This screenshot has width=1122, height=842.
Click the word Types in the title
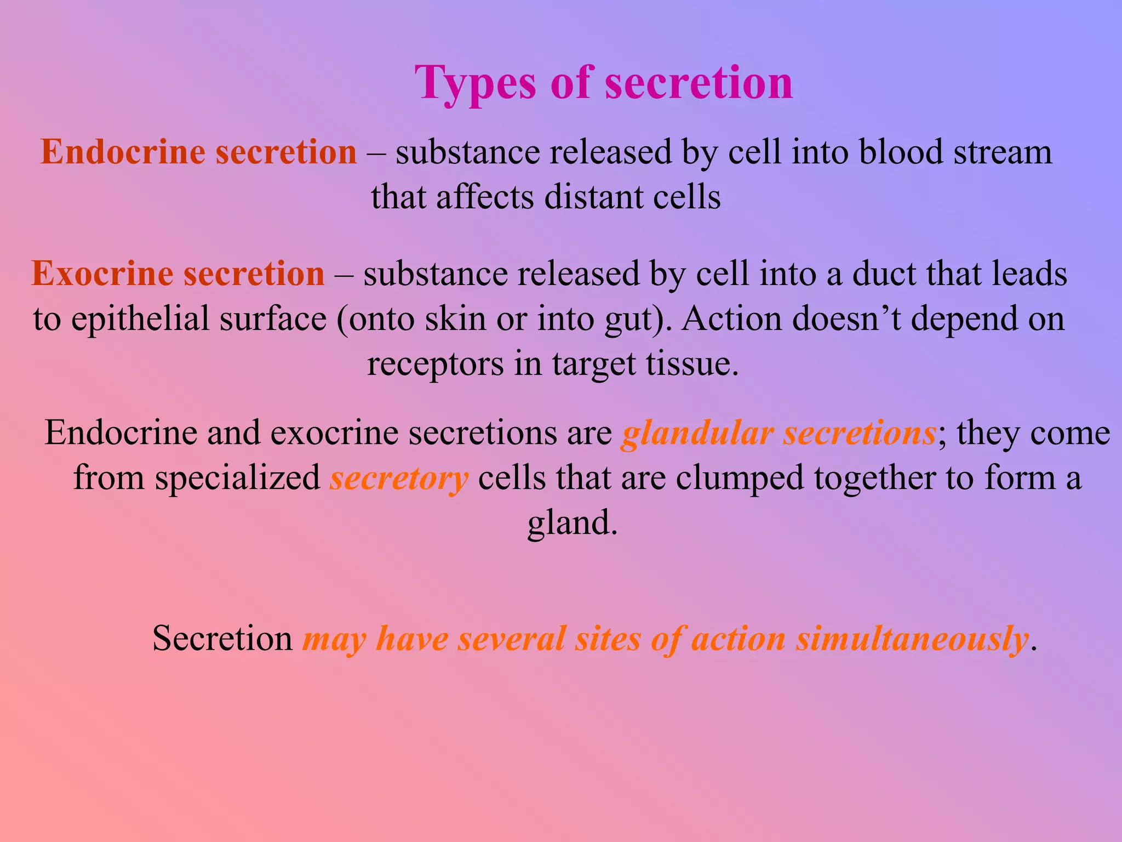point(475,83)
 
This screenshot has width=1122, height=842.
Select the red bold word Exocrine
point(102,274)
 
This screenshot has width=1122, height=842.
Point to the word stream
point(1003,152)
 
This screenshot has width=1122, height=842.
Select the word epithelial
point(140,319)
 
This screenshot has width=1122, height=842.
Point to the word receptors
point(435,364)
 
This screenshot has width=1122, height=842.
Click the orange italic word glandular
point(697,433)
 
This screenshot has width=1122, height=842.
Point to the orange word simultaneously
point(912,639)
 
